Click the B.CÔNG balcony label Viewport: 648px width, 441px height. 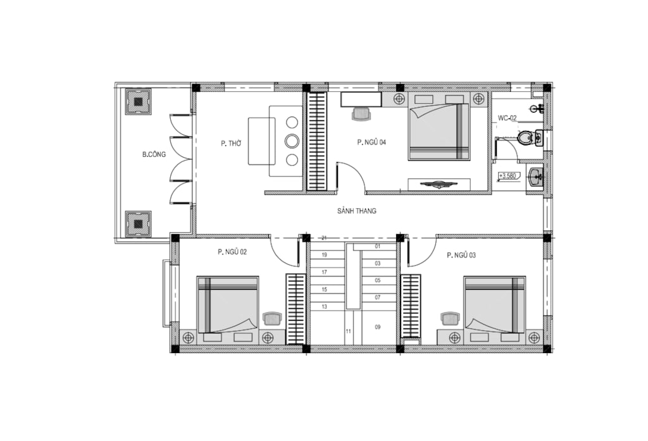154,154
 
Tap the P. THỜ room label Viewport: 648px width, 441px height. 231,144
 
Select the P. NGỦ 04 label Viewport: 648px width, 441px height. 371,142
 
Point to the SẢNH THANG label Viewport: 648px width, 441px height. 357,211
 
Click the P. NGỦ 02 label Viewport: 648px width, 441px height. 232,252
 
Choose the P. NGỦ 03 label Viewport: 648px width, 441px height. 461,256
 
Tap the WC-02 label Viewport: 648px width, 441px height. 507,118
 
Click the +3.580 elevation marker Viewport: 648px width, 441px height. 508,177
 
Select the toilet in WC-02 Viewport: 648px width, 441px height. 525,137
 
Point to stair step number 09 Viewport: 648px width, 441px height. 377,327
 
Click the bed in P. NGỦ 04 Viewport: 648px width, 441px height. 439,132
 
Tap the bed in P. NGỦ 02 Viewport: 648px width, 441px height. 228,304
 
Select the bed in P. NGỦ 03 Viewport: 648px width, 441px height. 495,304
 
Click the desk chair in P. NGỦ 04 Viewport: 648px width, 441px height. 361,115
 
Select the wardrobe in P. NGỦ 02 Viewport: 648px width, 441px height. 296,309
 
